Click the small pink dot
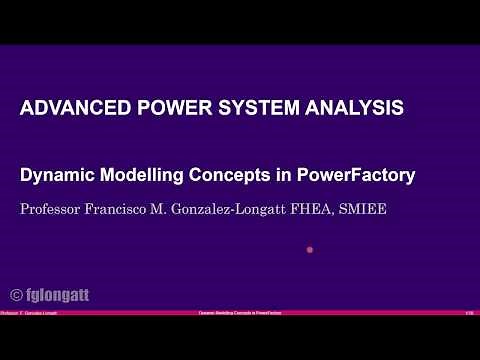pos(310,250)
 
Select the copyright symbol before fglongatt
pos(17,295)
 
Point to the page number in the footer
pos(469,313)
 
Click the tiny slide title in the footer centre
pos(240,313)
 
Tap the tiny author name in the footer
pos(23,313)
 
